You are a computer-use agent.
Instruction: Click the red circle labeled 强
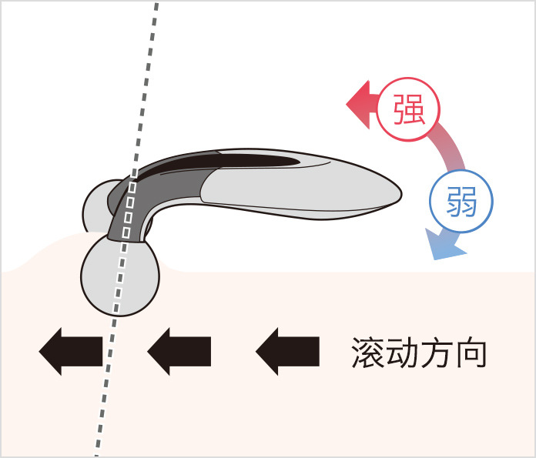point(408,109)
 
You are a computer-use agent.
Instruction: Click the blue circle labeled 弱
point(461,202)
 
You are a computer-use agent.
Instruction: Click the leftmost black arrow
point(70,350)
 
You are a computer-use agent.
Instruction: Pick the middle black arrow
point(179,350)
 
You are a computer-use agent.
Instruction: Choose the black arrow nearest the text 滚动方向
point(287,350)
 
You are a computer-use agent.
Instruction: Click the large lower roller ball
point(119,276)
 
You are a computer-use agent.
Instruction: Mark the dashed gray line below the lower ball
point(105,385)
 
